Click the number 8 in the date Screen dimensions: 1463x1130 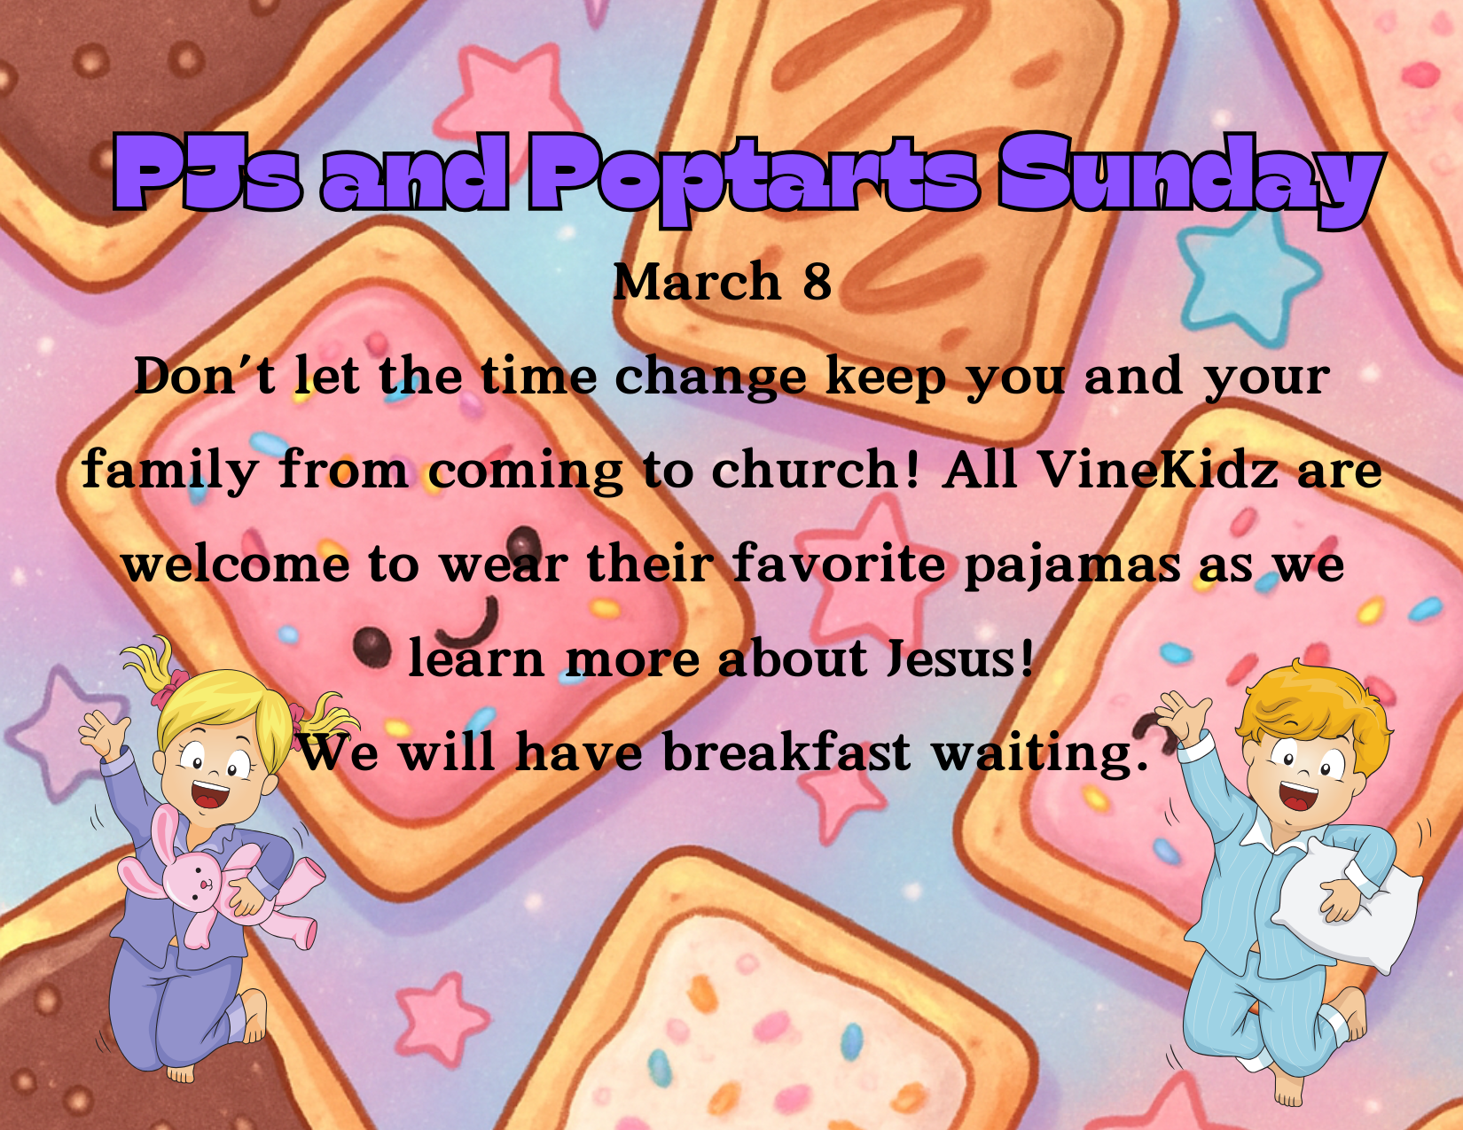coord(817,281)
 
